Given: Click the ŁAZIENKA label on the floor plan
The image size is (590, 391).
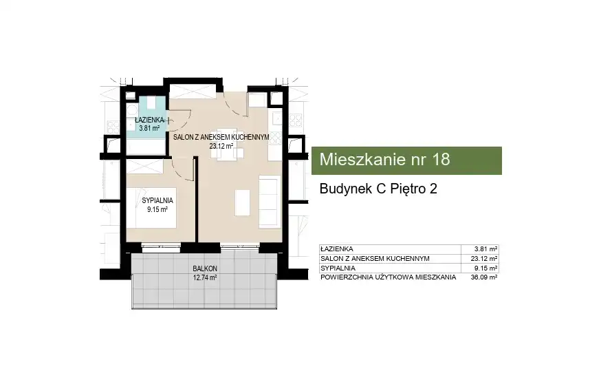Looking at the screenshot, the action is coord(150,120).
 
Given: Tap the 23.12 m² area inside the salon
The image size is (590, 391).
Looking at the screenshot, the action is coord(221,146).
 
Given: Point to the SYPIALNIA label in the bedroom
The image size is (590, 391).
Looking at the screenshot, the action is coord(157,201).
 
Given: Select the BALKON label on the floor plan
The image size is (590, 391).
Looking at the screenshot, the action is coord(205,268).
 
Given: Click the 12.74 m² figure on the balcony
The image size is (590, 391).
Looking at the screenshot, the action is coord(205,278).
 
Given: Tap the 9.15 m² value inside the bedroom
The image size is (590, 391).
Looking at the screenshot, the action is coord(157,210).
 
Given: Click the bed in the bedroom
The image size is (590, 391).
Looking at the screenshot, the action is coord(151,208).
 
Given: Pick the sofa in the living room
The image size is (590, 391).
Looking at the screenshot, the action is coord(270,202).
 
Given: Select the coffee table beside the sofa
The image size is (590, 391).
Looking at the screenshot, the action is coord(242,202).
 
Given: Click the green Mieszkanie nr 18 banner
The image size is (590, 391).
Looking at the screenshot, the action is coord(406,160).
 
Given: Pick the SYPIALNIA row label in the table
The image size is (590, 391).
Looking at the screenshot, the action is coord(338,268).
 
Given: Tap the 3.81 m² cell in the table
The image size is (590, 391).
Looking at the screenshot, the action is coord(485,249).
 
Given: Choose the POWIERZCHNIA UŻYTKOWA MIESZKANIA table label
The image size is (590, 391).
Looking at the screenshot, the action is coord(388,277).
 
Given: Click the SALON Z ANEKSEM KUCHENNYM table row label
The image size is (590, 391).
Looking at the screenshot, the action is coord(375,259).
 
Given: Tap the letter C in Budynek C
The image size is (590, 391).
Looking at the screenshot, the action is coord(382,189).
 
